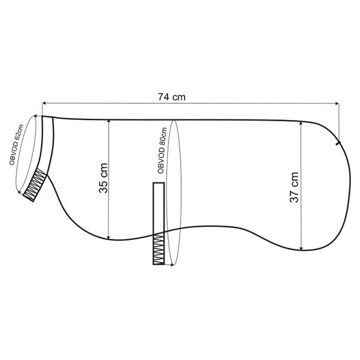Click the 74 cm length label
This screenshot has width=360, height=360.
click(172, 97)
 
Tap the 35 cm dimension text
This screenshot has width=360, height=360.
click(103, 178)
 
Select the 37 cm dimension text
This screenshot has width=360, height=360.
click(294, 187)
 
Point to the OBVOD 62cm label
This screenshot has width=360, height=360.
click(16, 145)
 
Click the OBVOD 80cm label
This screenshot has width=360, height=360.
click(162, 151)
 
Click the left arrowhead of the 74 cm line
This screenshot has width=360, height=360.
click(44, 104)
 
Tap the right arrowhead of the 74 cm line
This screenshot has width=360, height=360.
click(337, 104)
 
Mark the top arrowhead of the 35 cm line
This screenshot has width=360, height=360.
click(109, 122)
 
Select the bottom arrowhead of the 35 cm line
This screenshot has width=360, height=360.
click(109, 238)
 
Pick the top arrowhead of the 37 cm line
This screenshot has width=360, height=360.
click(301, 124)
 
